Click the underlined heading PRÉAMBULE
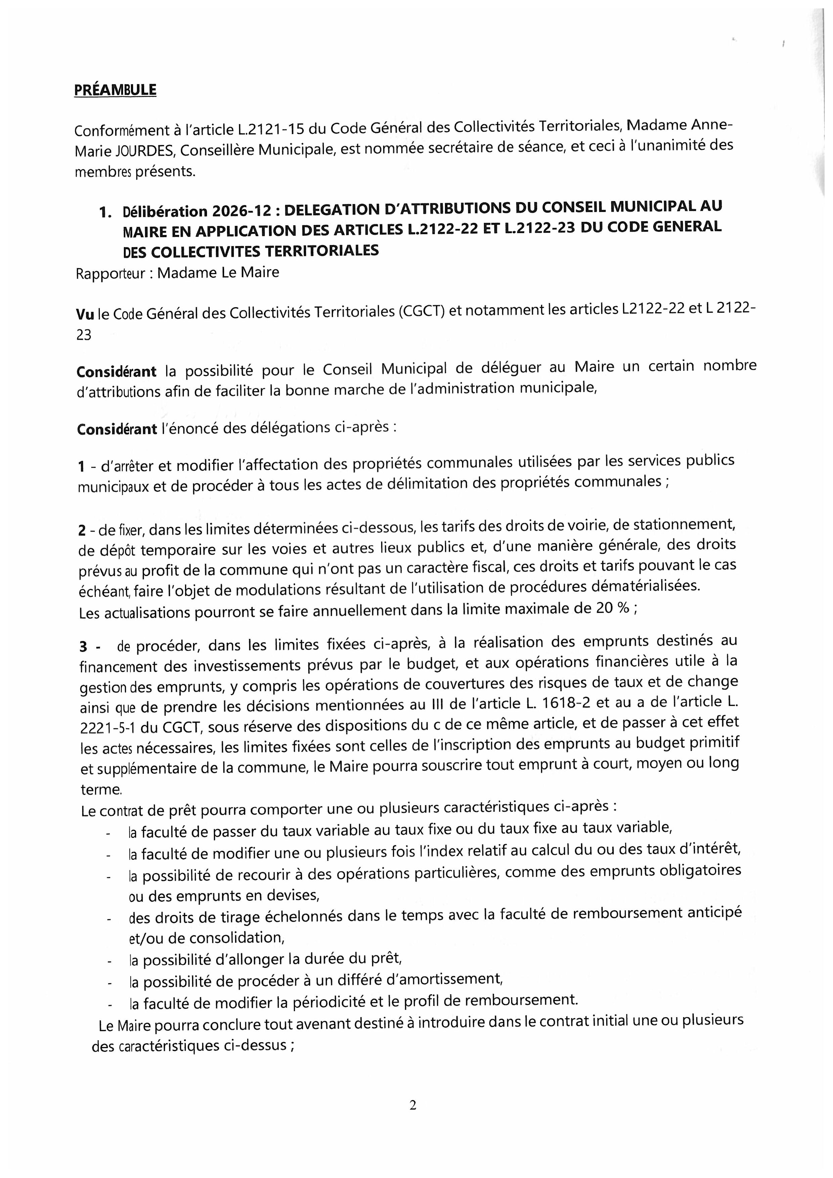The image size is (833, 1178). tap(115, 90)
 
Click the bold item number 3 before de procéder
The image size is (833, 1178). tap(84, 647)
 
